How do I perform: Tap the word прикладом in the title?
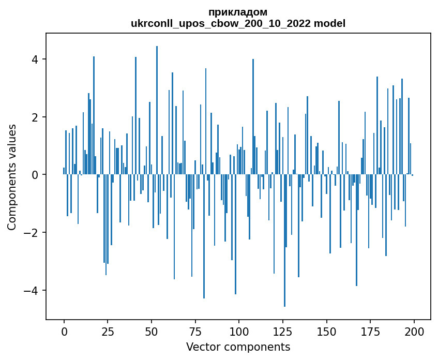tap(238, 12)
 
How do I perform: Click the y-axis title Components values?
tap(12, 177)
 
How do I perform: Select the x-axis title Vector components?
tap(238, 347)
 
